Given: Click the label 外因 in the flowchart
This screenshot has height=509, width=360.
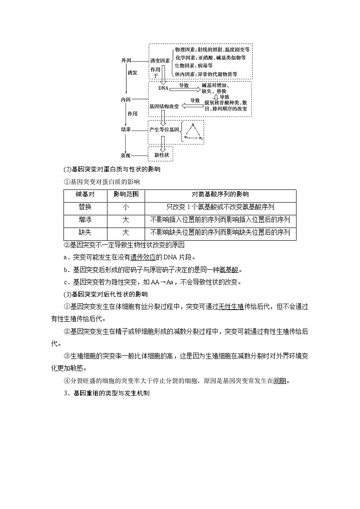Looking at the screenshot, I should pos(126,61).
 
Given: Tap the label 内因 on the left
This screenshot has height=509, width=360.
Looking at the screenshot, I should pos(126,99).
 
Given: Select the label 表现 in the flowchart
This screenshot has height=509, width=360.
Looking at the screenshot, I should pos(126,155).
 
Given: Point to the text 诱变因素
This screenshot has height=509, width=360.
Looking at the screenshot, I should pos(160,60).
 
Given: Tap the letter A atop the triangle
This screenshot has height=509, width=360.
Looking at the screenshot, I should pos(193,125).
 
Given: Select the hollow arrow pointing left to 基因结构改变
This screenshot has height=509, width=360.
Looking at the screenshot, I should pos(193,106).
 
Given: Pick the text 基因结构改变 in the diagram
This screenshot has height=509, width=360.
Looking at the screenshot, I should pos(164,106).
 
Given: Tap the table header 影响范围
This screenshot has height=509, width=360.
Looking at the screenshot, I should pos(126,194).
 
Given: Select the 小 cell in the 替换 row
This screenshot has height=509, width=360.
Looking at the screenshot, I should pos(126,207).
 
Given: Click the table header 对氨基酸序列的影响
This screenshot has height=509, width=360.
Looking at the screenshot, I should pos(220,194).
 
